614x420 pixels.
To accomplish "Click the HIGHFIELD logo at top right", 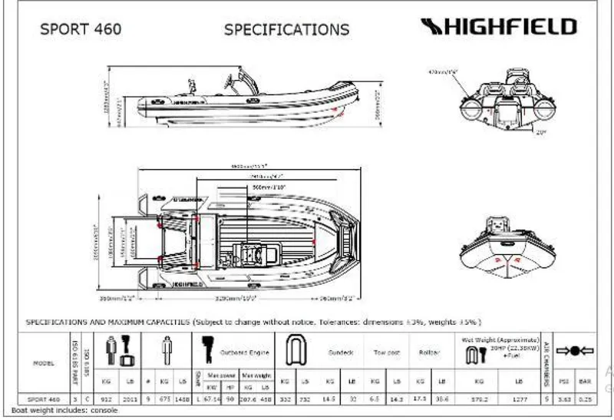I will tap(499, 28).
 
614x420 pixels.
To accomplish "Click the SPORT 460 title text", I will tap(81, 30).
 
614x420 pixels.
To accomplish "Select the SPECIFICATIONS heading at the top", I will tap(286, 30).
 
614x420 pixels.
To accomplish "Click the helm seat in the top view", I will tap(250, 250).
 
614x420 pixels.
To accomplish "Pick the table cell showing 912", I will tap(107, 400).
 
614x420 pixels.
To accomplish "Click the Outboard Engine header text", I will tap(244, 353).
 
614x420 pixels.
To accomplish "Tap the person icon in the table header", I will tap(167, 352).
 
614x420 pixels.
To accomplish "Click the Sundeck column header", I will tap(341, 353).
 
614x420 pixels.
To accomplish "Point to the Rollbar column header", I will tap(430, 353).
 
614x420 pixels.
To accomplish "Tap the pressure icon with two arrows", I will tap(576, 351).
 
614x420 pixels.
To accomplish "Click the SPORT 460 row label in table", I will tap(44, 400).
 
